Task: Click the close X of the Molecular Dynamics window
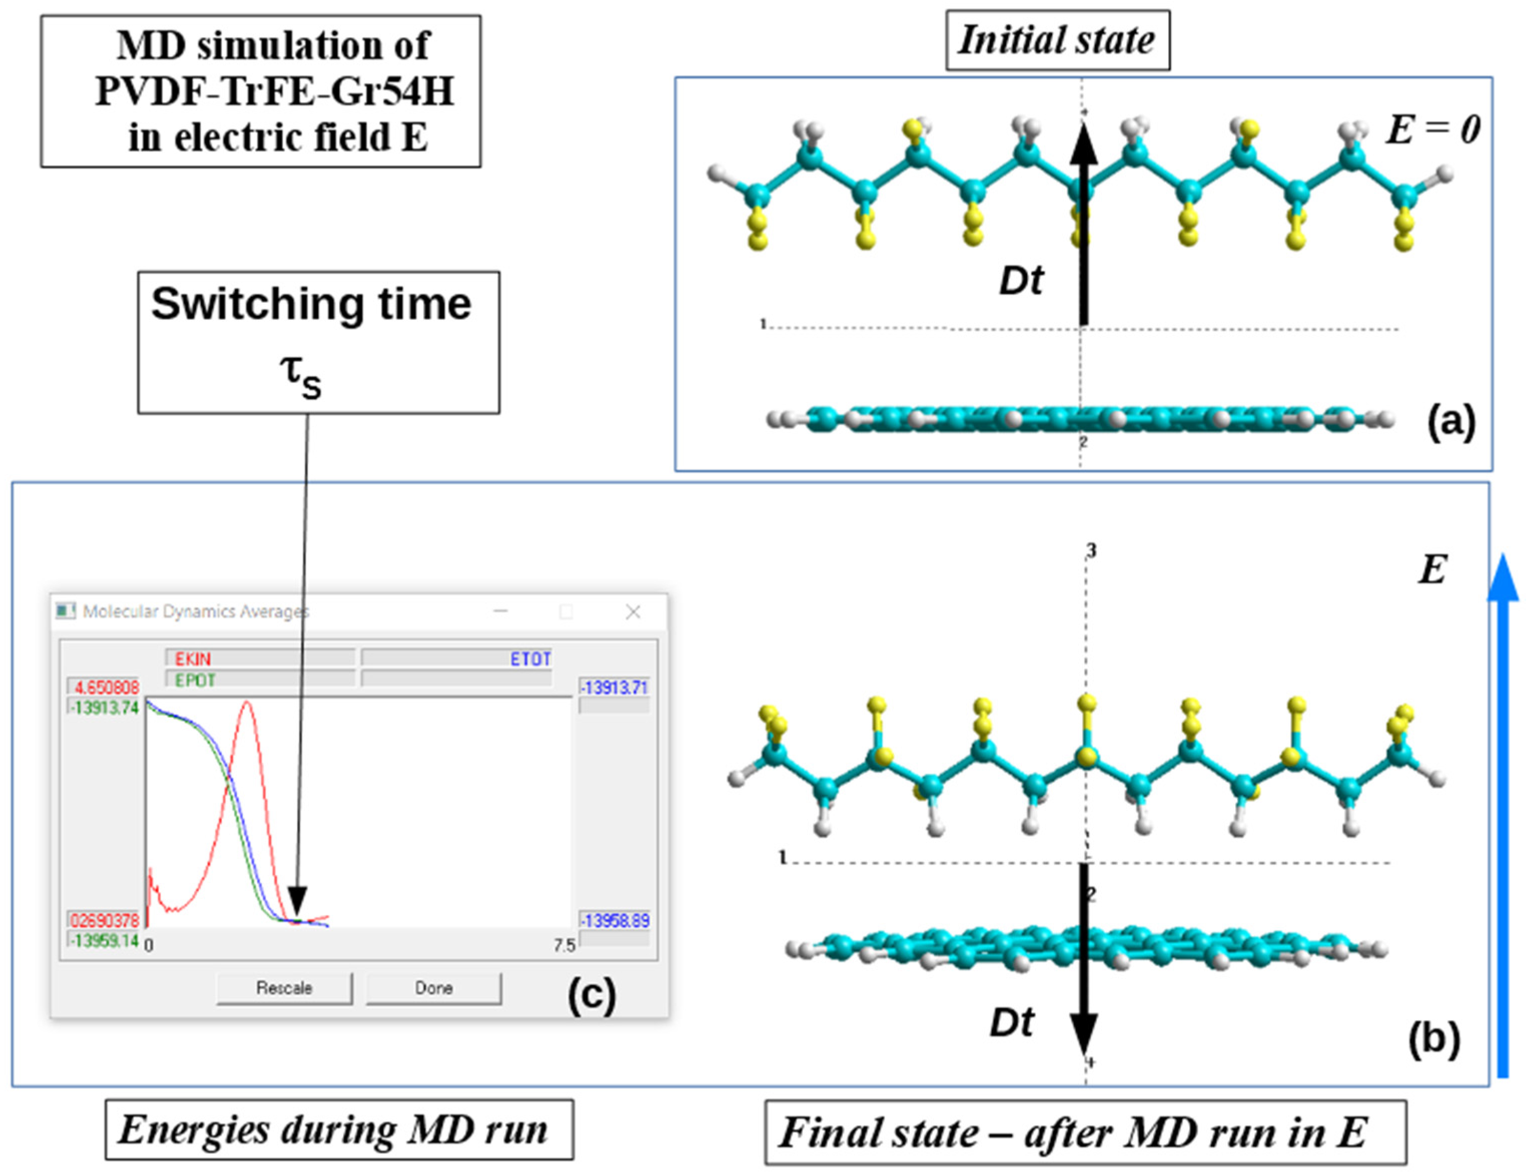tap(633, 612)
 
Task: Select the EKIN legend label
tap(193, 658)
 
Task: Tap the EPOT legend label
tap(195, 680)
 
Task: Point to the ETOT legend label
tap(530, 658)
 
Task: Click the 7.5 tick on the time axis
tap(564, 945)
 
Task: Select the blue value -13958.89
tap(615, 920)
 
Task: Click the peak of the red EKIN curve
tap(246, 702)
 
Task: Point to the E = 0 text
tap(1433, 130)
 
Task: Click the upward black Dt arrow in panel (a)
tap(1084, 224)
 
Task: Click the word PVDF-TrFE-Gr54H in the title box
tap(274, 91)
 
